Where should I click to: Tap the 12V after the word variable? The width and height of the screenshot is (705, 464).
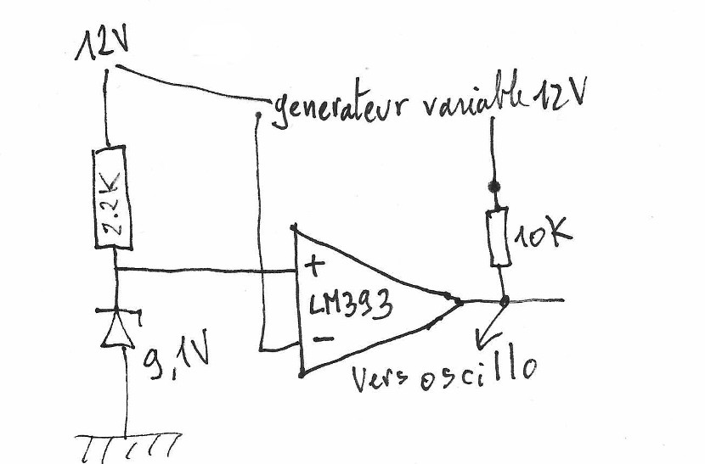coord(559,95)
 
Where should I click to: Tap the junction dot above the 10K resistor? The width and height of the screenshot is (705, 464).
coord(492,185)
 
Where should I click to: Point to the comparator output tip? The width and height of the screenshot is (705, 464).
coord(460,300)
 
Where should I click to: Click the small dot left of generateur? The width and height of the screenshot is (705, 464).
coord(257,114)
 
